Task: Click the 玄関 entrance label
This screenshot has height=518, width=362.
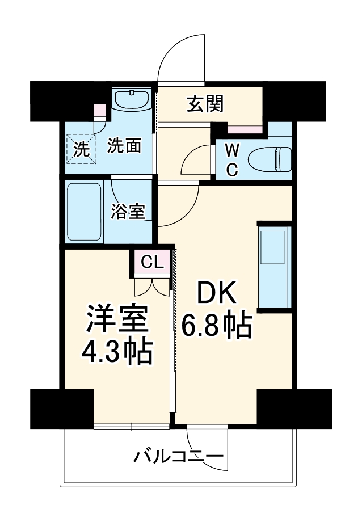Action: click(205, 104)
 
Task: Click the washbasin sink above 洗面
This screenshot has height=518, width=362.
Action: click(131, 99)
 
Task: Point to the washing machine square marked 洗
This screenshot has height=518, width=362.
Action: click(81, 149)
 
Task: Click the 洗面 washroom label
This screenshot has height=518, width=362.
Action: click(124, 146)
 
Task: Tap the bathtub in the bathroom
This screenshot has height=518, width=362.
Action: click(83, 211)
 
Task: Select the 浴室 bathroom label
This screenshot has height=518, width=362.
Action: click(128, 212)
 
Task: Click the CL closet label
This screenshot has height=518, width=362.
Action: click(151, 262)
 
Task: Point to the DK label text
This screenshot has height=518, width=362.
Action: click(216, 293)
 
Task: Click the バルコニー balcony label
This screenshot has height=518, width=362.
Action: click(179, 456)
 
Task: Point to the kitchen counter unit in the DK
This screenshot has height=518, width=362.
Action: click(275, 267)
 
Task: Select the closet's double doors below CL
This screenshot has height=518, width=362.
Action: click(152, 284)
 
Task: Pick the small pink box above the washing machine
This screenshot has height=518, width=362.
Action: click(99, 110)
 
